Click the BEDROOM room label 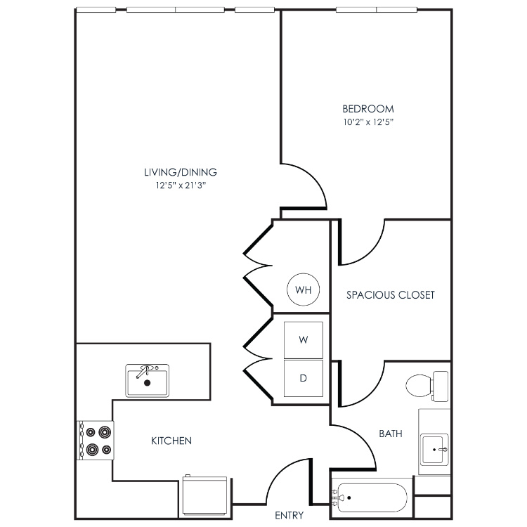click(x=368, y=109)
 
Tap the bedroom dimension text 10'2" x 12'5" click(x=368, y=122)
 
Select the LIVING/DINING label click(x=181, y=172)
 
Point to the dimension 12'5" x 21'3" click(x=181, y=186)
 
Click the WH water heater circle click(x=303, y=289)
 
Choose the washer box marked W click(x=303, y=340)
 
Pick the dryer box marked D click(x=303, y=378)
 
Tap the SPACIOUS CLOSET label click(x=391, y=295)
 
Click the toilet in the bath click(x=427, y=386)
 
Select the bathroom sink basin click(x=435, y=449)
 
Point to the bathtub click(x=372, y=497)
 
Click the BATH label click(x=391, y=434)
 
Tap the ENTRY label click(x=289, y=515)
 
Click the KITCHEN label click(x=171, y=441)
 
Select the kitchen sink click(x=148, y=380)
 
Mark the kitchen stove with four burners click(x=96, y=441)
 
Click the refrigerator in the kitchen click(x=205, y=495)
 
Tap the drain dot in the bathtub click(x=349, y=497)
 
